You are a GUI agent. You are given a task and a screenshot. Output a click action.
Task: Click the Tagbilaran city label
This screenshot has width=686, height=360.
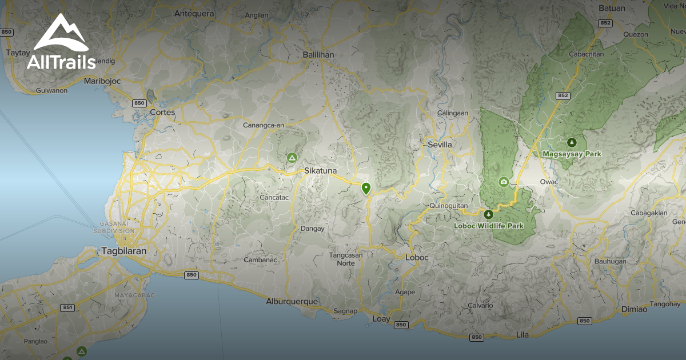(124, 251)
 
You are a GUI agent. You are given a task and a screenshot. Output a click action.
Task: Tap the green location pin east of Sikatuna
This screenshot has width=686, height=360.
(366, 188)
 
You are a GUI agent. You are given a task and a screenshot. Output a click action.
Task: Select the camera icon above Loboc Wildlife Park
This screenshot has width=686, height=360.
(504, 182)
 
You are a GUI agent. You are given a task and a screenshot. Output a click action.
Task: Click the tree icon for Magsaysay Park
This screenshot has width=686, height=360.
(571, 142)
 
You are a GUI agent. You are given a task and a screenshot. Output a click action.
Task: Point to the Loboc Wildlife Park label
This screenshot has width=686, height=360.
(489, 226)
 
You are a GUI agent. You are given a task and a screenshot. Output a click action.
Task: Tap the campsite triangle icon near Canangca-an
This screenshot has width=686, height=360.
(292, 157)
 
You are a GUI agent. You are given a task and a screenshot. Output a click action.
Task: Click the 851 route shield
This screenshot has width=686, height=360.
(68, 307)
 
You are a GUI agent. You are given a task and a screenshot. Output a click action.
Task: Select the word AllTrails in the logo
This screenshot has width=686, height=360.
(61, 62)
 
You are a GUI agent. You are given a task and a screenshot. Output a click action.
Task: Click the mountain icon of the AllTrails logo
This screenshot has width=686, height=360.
(61, 33)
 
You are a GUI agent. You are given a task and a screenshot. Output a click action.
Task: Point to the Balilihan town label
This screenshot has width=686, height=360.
(318, 55)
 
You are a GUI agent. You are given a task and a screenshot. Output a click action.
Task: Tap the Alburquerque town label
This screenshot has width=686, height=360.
(292, 301)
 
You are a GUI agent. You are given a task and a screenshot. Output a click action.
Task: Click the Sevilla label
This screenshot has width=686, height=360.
(440, 145)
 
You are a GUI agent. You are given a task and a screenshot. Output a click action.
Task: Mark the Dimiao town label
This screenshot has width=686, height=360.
(635, 309)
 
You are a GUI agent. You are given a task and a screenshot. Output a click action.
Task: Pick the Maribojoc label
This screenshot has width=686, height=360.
(102, 81)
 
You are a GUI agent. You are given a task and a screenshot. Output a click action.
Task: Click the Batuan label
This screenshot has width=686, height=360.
(612, 9)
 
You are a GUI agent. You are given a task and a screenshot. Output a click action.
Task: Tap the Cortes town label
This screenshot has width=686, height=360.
(162, 112)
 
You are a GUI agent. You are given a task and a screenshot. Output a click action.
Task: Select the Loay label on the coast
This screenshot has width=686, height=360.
(381, 318)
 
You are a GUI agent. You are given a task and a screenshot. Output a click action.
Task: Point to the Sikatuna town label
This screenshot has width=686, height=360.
(321, 171)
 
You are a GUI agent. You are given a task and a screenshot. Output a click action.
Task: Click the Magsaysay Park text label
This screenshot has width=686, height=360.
(572, 154)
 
